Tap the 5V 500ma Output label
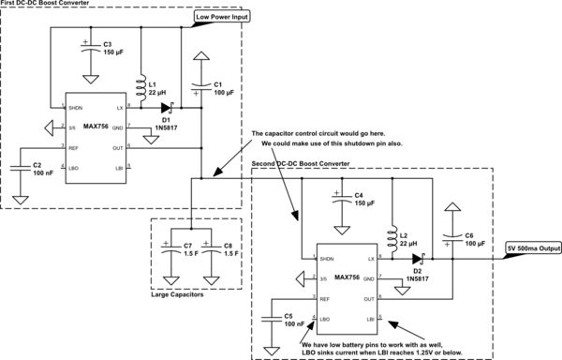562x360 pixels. (x=534, y=248)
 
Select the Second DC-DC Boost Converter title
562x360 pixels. (x=311, y=164)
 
